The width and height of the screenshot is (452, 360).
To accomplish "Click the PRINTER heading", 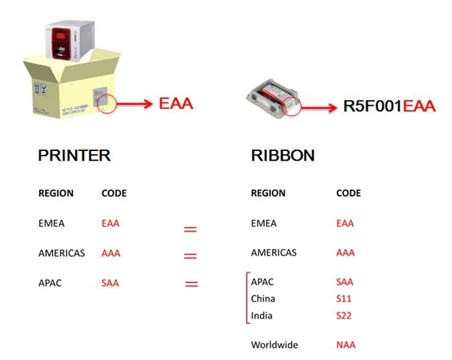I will (x=74, y=155).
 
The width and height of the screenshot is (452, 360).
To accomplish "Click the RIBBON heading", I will (x=283, y=155).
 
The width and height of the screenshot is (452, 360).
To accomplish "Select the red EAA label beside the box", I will (x=176, y=103).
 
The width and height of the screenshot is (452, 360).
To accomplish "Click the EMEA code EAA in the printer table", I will (x=110, y=224).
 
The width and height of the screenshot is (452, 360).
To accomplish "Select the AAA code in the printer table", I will (x=111, y=253).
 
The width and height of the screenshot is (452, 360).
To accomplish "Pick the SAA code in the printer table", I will (x=110, y=283).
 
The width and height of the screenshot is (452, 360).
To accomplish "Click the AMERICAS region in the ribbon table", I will (x=274, y=253).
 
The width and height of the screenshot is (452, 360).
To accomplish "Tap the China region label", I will (x=263, y=299).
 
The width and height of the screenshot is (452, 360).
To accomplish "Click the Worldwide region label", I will (x=275, y=345).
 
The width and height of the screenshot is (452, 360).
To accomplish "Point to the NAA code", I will (x=345, y=345).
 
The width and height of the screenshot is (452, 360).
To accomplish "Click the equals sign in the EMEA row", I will (x=190, y=229).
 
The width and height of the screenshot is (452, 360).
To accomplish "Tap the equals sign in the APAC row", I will (x=190, y=283).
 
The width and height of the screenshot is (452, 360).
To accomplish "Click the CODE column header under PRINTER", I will (x=114, y=193).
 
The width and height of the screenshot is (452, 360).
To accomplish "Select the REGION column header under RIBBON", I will (x=268, y=193).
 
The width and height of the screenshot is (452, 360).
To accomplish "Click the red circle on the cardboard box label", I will (x=105, y=102).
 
